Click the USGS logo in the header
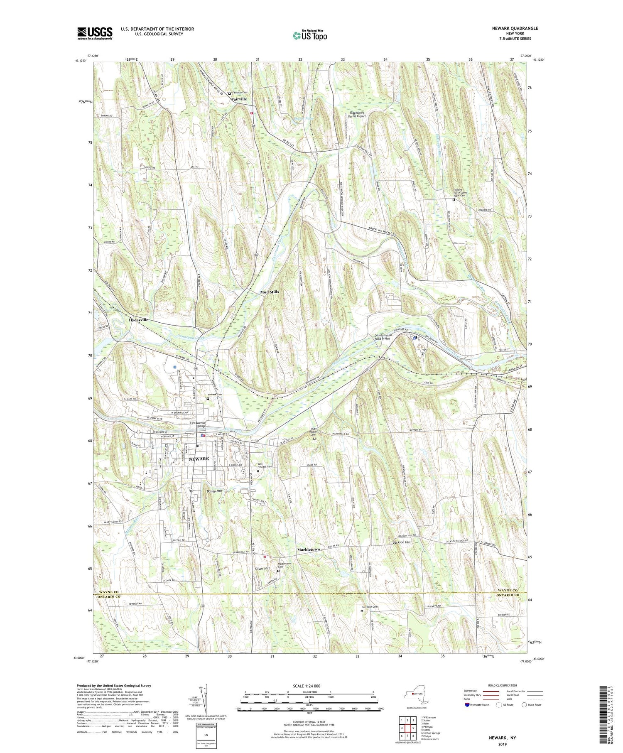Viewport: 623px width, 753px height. [x=95, y=33]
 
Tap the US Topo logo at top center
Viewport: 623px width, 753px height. [x=309, y=35]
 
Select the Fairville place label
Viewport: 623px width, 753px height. [x=239, y=99]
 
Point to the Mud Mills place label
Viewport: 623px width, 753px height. [x=270, y=292]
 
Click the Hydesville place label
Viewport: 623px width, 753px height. [x=138, y=320]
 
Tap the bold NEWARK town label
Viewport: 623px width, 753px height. [x=199, y=459]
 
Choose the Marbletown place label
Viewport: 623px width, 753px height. [x=309, y=549]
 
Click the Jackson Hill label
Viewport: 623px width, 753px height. [x=402, y=542]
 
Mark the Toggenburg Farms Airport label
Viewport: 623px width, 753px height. [x=356, y=114]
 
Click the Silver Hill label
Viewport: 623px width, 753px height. [x=262, y=568]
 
